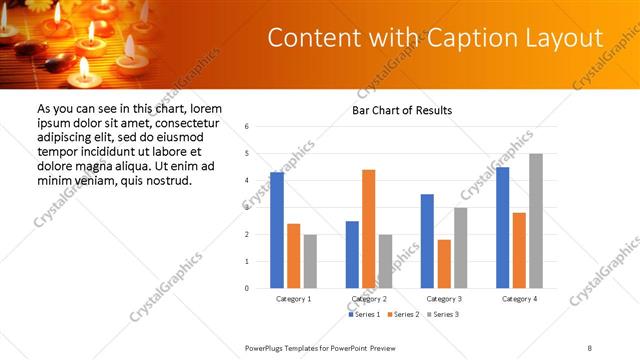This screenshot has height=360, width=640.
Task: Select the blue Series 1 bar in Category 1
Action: [277, 230]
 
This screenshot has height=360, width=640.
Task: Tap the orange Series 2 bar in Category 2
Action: [369, 229]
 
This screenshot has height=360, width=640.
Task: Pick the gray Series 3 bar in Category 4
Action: [536, 221]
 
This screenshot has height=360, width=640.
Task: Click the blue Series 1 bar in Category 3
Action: [427, 241]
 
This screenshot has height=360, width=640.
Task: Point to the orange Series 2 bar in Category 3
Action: [444, 264]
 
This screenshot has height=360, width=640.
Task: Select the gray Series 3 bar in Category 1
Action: [310, 261]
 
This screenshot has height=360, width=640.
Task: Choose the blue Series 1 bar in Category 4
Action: [503, 227]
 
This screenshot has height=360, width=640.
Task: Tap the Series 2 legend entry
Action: [402, 315]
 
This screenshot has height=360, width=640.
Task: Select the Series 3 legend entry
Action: [442, 315]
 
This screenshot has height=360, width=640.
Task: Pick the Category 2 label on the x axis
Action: [369, 299]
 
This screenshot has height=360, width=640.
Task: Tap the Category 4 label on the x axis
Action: [519, 299]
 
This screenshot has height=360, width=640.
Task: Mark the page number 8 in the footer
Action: [589, 347]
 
